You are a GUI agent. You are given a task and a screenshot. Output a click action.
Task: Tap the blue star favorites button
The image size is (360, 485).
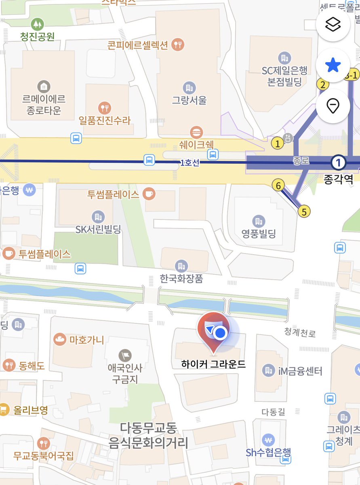coord(333,65)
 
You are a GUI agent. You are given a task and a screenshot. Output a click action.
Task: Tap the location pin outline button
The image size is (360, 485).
coord(333,106)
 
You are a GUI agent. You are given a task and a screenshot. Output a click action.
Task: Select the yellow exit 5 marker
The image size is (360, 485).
coord(304,211)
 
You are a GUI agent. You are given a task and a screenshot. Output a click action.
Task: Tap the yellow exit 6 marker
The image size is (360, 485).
coord(278,186)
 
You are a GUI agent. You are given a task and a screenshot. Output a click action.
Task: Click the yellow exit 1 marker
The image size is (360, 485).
coord(278,143)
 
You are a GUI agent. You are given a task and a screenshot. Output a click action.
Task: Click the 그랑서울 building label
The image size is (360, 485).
coord(189,99)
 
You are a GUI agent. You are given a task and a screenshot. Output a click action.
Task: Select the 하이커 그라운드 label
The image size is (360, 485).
coord(213,364)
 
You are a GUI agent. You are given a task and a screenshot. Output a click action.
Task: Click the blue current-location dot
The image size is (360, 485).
coord(220,333)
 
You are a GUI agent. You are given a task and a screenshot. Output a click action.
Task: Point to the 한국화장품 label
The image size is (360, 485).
coord(181,278)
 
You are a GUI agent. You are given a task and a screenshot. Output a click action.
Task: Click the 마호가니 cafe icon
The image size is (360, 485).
coord(60,339)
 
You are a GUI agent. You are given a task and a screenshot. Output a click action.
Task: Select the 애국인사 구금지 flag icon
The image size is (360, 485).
coord(125,355)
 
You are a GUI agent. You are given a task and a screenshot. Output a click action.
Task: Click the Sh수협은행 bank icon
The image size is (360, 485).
coord(267,439)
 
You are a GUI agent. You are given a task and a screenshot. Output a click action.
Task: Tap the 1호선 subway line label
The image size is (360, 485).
coord(190,163)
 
